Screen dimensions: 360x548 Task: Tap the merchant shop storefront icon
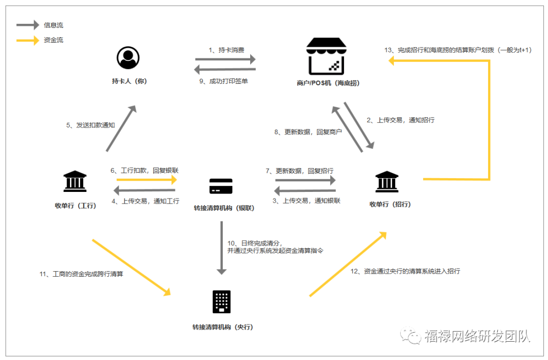(326, 57)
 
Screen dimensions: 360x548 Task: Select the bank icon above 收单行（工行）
(75, 181)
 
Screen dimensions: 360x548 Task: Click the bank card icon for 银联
(221, 186)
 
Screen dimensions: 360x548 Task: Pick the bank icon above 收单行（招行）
(387, 182)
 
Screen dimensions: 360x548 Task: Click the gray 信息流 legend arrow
(27, 25)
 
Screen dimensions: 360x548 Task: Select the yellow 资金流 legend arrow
(27, 40)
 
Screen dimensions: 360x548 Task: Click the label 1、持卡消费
(226, 50)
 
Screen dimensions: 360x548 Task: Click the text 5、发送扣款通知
(91, 125)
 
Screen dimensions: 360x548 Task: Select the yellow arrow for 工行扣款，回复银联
(147, 180)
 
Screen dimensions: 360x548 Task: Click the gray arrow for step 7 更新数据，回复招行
(305, 180)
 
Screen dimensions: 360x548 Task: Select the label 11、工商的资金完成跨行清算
(81, 274)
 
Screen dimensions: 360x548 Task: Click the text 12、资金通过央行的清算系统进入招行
(405, 271)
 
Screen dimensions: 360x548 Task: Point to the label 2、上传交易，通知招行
(400, 120)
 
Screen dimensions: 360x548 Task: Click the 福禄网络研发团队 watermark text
(477, 336)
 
